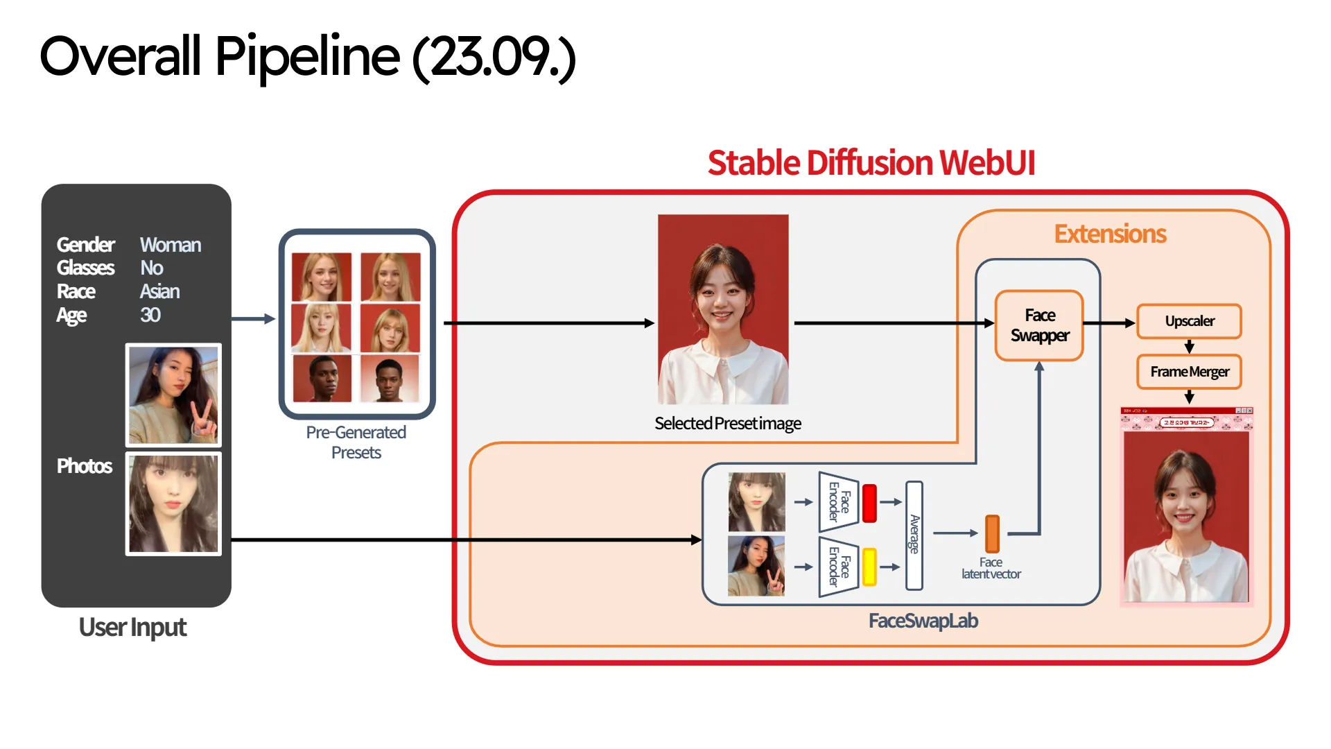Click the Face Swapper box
1039,325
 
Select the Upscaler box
1189,321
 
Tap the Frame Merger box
1189,372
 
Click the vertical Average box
914,535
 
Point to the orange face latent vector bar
992,533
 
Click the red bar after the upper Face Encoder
869,503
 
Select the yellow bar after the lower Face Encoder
869,566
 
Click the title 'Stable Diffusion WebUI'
871,163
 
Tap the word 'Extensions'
1110,234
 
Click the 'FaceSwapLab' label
923,621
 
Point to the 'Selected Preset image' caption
727,423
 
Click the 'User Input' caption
132,628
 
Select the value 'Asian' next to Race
159,291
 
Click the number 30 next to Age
150,315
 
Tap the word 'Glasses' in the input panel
85,268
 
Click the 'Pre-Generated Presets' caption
356,442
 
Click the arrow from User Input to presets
253,319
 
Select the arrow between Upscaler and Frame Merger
1189,347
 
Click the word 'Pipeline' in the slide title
307,57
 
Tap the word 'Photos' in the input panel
85,466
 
